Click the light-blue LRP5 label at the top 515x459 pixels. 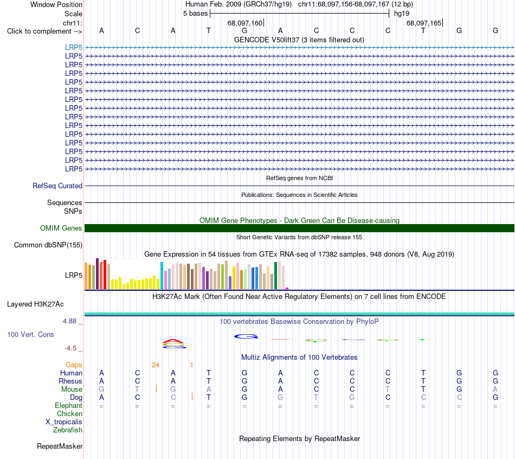pos(74,47)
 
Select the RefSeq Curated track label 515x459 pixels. pos(57,186)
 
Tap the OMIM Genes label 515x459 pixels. pos(61,228)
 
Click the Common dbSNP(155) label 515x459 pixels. pos(48,245)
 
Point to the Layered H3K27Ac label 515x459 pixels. pos(35,304)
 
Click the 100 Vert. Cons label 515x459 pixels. pos(30,334)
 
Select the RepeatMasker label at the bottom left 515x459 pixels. pos(60,446)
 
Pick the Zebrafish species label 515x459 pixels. pos(68,430)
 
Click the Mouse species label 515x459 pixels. pos(72,390)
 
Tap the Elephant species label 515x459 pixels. pos(69,405)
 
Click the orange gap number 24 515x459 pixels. pos(156,365)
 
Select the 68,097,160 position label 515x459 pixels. pos(245,23)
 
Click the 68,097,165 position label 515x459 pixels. pos(424,23)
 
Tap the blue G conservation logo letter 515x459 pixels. pos(246,336)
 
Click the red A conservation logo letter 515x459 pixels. pos(173,341)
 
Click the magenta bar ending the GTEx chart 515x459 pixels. pos(287,288)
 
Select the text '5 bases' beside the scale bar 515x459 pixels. pos(195,14)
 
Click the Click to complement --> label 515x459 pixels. pos(44,31)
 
